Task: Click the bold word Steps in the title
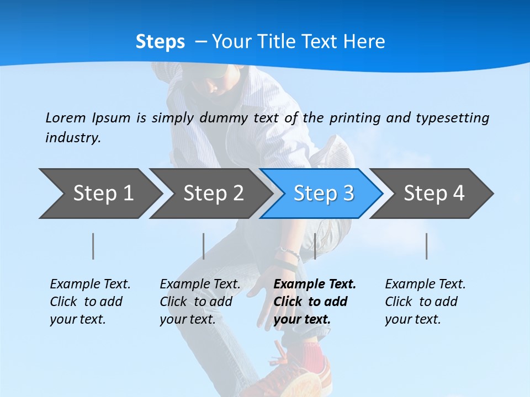click(x=160, y=42)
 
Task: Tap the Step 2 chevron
click(x=213, y=193)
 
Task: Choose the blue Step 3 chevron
click(x=324, y=193)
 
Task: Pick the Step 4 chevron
click(x=434, y=193)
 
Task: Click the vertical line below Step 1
click(x=93, y=246)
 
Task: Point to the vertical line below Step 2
click(x=204, y=246)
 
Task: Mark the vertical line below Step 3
click(x=315, y=246)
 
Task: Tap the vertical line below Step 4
click(x=426, y=246)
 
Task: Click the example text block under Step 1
click(x=90, y=302)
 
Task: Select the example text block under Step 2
click(x=200, y=302)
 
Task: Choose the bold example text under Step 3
click(x=315, y=302)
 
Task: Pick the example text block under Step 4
click(x=425, y=302)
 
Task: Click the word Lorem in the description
click(x=66, y=117)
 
